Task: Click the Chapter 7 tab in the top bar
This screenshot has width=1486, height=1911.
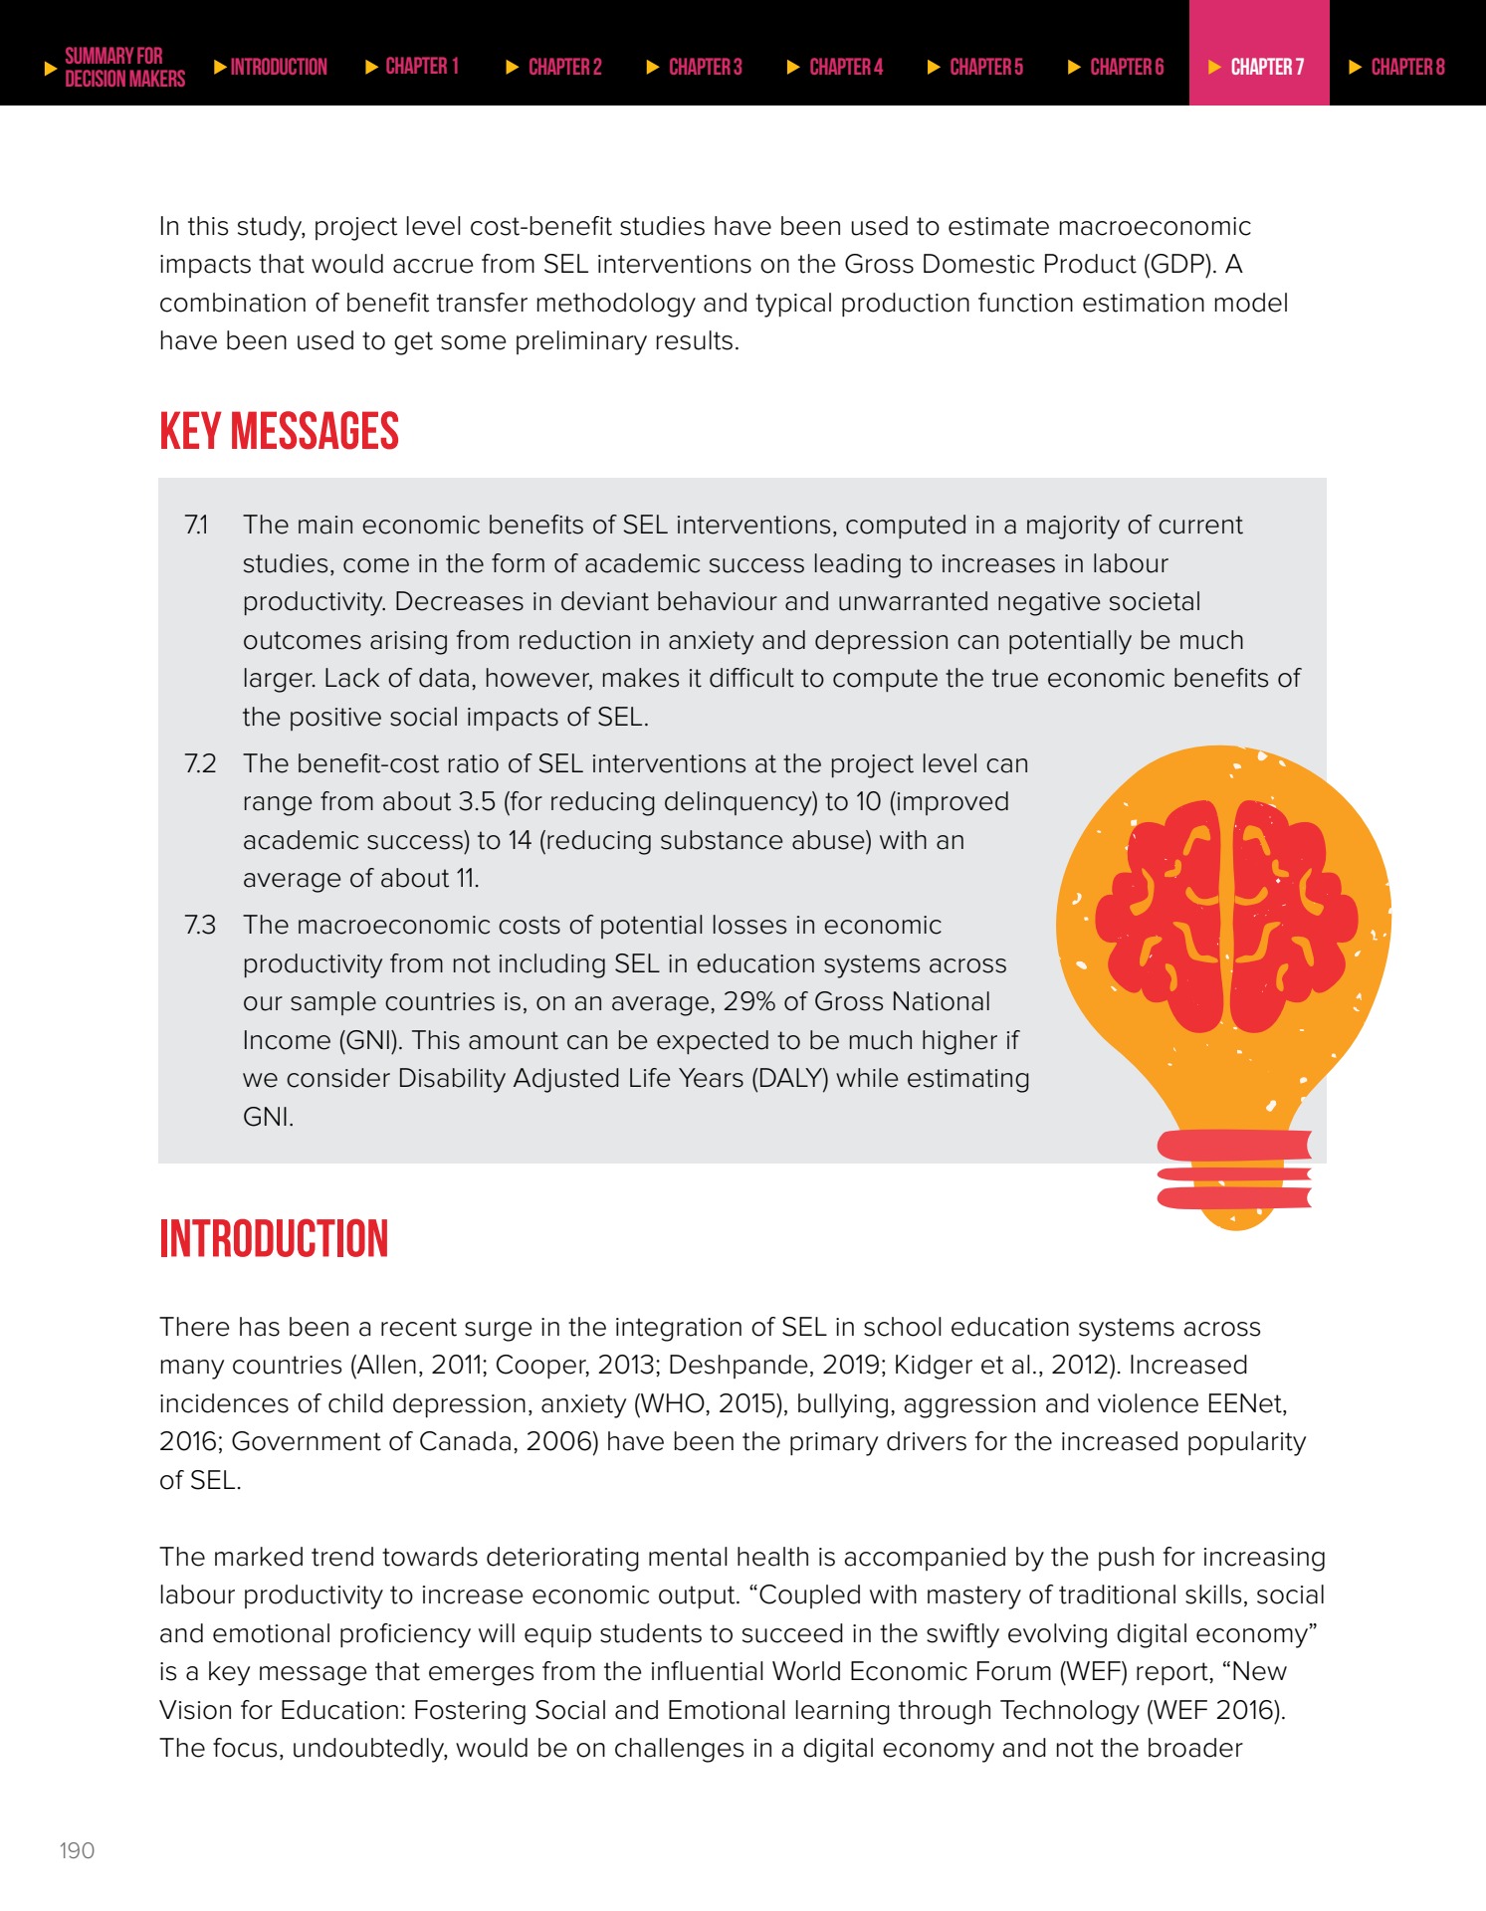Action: point(1259,67)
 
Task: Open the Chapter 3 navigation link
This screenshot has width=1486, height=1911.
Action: point(704,67)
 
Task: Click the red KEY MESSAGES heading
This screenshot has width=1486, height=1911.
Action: point(279,432)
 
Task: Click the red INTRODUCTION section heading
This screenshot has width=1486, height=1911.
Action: point(274,1239)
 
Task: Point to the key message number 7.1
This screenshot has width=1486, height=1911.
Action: point(197,525)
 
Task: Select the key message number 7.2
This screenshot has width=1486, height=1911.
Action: point(200,763)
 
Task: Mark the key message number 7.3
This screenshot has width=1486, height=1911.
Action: point(200,925)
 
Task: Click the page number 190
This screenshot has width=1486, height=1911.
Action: point(77,1850)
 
